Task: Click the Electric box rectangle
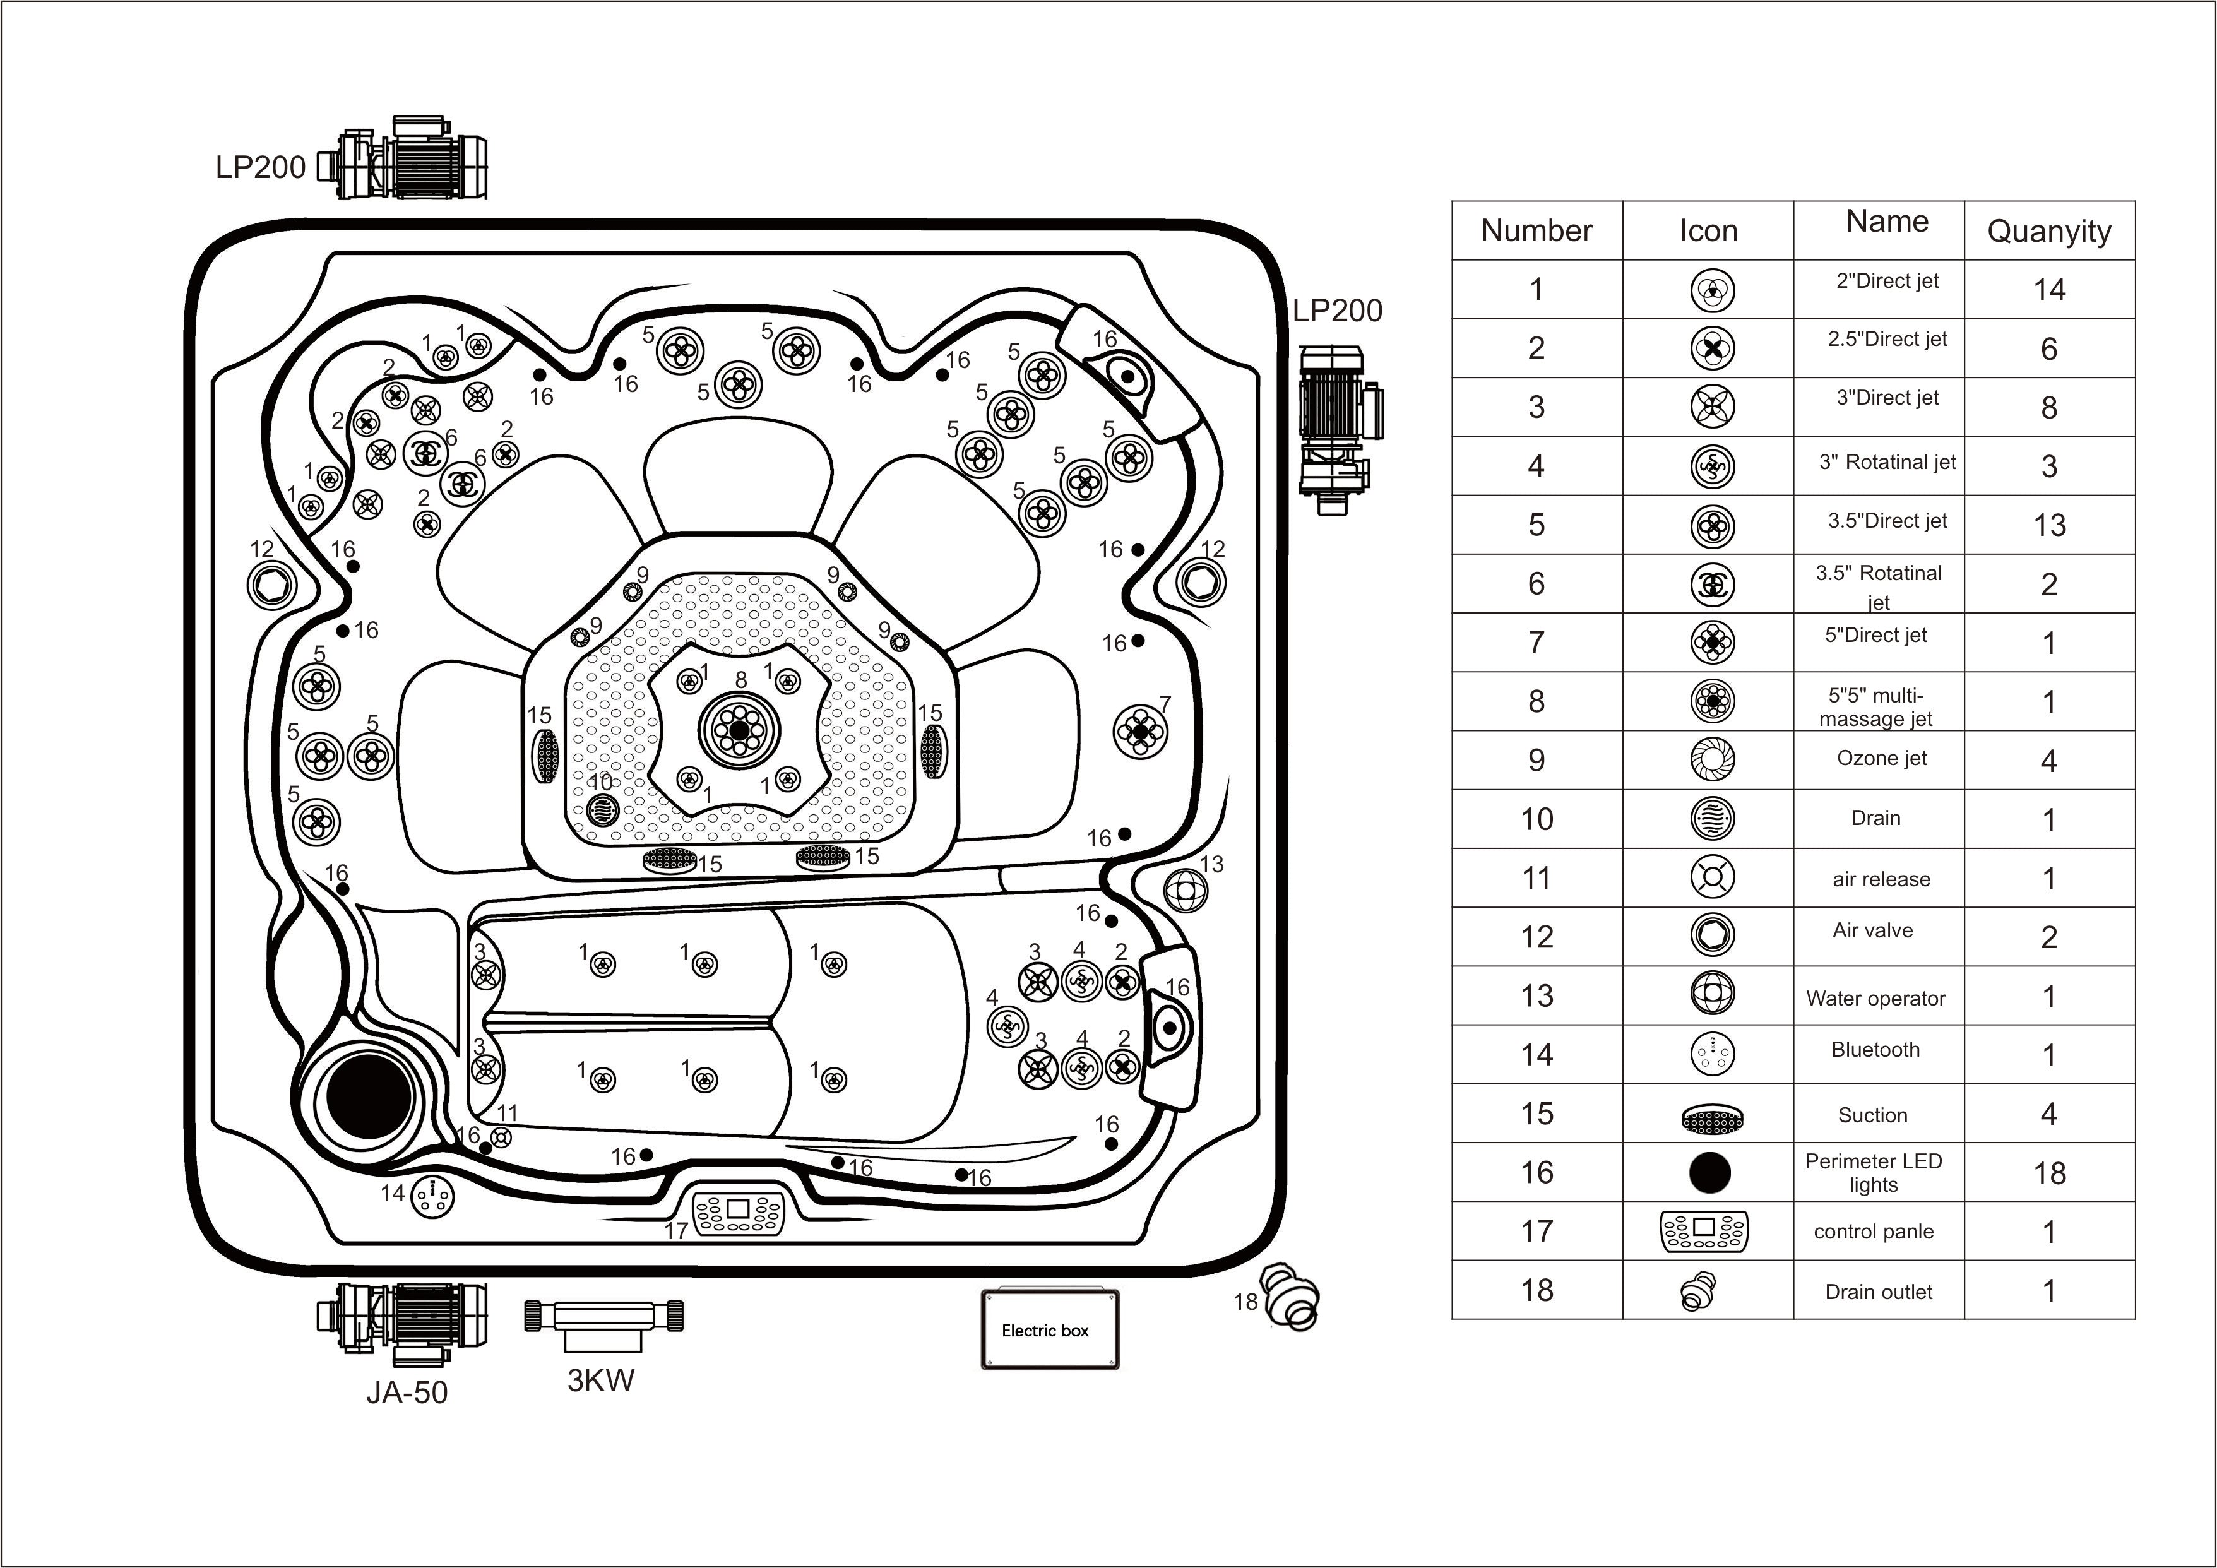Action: [x=1050, y=1329]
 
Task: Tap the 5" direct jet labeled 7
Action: [x=1139, y=732]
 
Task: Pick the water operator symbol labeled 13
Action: [x=1186, y=889]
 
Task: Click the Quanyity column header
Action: [x=2048, y=232]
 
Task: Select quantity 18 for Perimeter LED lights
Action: [x=2048, y=1173]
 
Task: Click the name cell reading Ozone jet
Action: [x=1880, y=759]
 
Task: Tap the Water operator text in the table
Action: [x=1875, y=999]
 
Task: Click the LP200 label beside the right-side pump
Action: [x=1336, y=311]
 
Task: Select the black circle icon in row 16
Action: [x=1709, y=1172]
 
